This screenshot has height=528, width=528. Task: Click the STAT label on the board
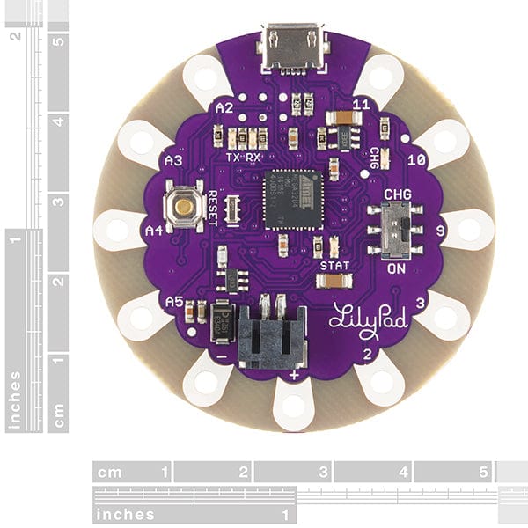coord(334,265)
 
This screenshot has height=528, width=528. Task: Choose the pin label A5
coord(173,301)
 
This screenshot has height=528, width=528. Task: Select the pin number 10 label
coord(417,160)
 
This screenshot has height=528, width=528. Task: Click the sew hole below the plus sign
coord(292,406)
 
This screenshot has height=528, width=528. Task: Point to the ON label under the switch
coord(395,269)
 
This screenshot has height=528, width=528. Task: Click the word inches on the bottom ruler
coord(126,515)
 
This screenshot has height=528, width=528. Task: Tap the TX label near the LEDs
coord(233,157)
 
